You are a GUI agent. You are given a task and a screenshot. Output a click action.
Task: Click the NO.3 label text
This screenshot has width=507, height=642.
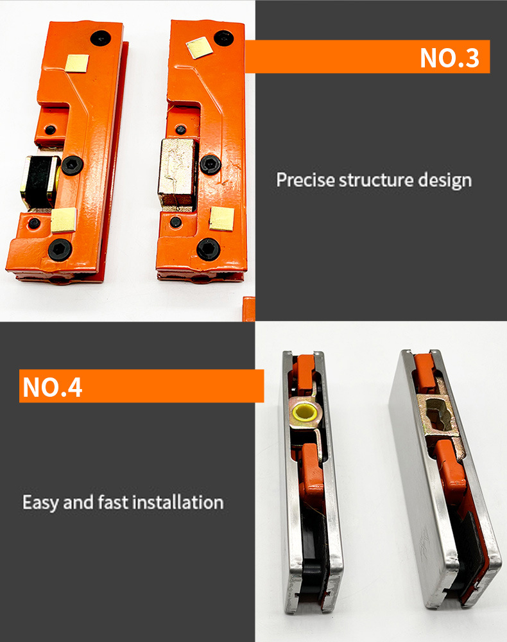(x=449, y=58)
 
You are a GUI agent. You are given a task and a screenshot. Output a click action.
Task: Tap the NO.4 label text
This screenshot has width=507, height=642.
(x=53, y=387)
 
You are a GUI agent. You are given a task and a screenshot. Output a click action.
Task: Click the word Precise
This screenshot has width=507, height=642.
(x=305, y=180)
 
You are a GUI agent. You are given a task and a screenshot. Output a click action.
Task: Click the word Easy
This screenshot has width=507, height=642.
(x=40, y=503)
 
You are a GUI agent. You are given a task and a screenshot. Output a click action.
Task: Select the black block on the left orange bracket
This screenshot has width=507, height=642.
(x=40, y=180)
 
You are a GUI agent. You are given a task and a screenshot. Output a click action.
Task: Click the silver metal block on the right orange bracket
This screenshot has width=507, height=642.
(x=176, y=172)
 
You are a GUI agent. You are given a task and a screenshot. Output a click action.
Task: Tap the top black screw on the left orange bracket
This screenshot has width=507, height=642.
(x=101, y=39)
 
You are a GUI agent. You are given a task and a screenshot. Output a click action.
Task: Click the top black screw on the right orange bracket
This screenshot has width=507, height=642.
(x=223, y=38)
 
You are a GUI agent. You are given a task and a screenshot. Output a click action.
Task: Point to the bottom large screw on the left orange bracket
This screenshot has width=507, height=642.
(x=60, y=249)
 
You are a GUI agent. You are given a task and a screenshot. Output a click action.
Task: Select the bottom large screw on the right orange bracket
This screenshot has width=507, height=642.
(x=209, y=249)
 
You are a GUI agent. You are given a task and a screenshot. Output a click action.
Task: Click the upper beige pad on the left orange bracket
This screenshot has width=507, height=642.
(x=78, y=63)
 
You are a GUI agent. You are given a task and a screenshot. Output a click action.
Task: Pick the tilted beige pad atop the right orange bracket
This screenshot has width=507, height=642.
(x=200, y=48)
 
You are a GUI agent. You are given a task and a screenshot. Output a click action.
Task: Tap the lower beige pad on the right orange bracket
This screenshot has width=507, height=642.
(x=222, y=219)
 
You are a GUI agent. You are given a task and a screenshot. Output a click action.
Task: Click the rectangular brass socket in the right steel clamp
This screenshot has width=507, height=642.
(x=437, y=415)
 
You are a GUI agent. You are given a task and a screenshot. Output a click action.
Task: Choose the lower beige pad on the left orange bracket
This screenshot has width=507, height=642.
(x=64, y=220)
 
